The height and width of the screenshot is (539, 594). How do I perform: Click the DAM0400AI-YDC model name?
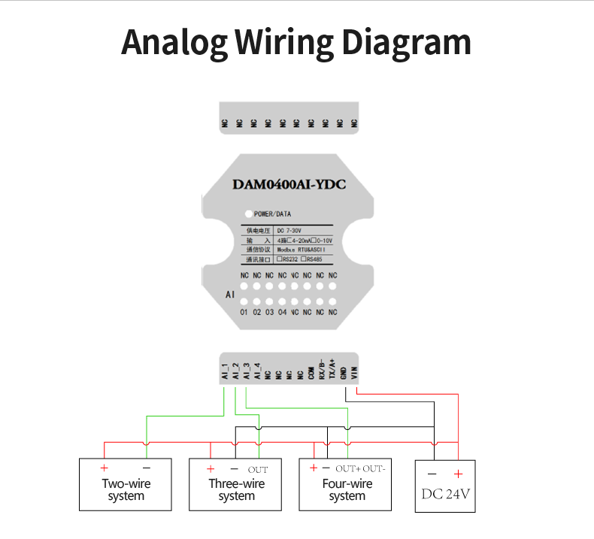(289, 184)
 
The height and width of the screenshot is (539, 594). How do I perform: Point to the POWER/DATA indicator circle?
(248, 214)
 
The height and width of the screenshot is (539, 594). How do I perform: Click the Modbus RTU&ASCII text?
(299, 249)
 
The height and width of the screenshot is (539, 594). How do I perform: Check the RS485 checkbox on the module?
(311, 259)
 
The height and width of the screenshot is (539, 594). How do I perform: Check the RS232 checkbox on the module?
(280, 259)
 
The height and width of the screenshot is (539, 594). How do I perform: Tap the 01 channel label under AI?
(244, 312)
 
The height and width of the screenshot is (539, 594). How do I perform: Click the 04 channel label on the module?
(282, 312)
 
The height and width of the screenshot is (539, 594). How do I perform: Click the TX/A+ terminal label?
(332, 370)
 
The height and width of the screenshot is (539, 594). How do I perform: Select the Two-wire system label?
(126, 489)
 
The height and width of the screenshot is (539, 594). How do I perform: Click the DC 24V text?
(447, 495)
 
